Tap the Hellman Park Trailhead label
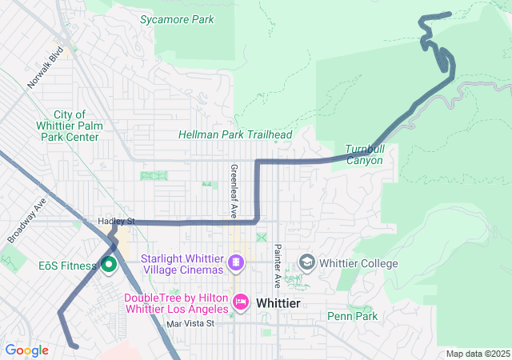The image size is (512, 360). (x=235, y=135)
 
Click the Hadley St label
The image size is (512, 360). (x=116, y=221)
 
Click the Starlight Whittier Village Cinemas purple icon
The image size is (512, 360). (x=236, y=262)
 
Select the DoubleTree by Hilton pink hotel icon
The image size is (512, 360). (x=240, y=302)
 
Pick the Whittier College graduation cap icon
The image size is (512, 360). (x=306, y=262)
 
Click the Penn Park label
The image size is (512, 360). (x=352, y=316)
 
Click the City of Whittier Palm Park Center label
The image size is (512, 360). (x=69, y=126)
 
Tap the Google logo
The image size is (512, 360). (x=26, y=350)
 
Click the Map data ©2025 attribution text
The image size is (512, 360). (x=476, y=354)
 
